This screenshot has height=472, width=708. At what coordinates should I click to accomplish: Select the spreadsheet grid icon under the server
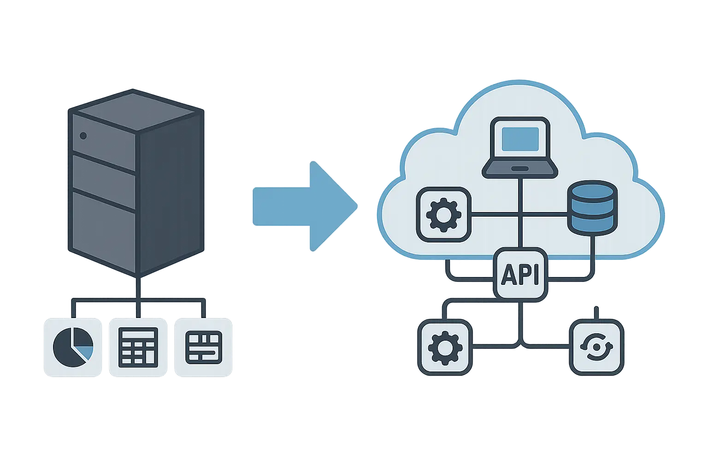click(138, 347)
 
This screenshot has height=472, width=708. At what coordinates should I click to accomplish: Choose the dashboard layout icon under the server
click(203, 347)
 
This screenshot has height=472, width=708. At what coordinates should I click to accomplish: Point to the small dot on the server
click(83, 136)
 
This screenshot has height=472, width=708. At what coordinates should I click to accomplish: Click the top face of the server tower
click(136, 110)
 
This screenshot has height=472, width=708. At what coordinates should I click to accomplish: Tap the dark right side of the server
click(171, 194)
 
